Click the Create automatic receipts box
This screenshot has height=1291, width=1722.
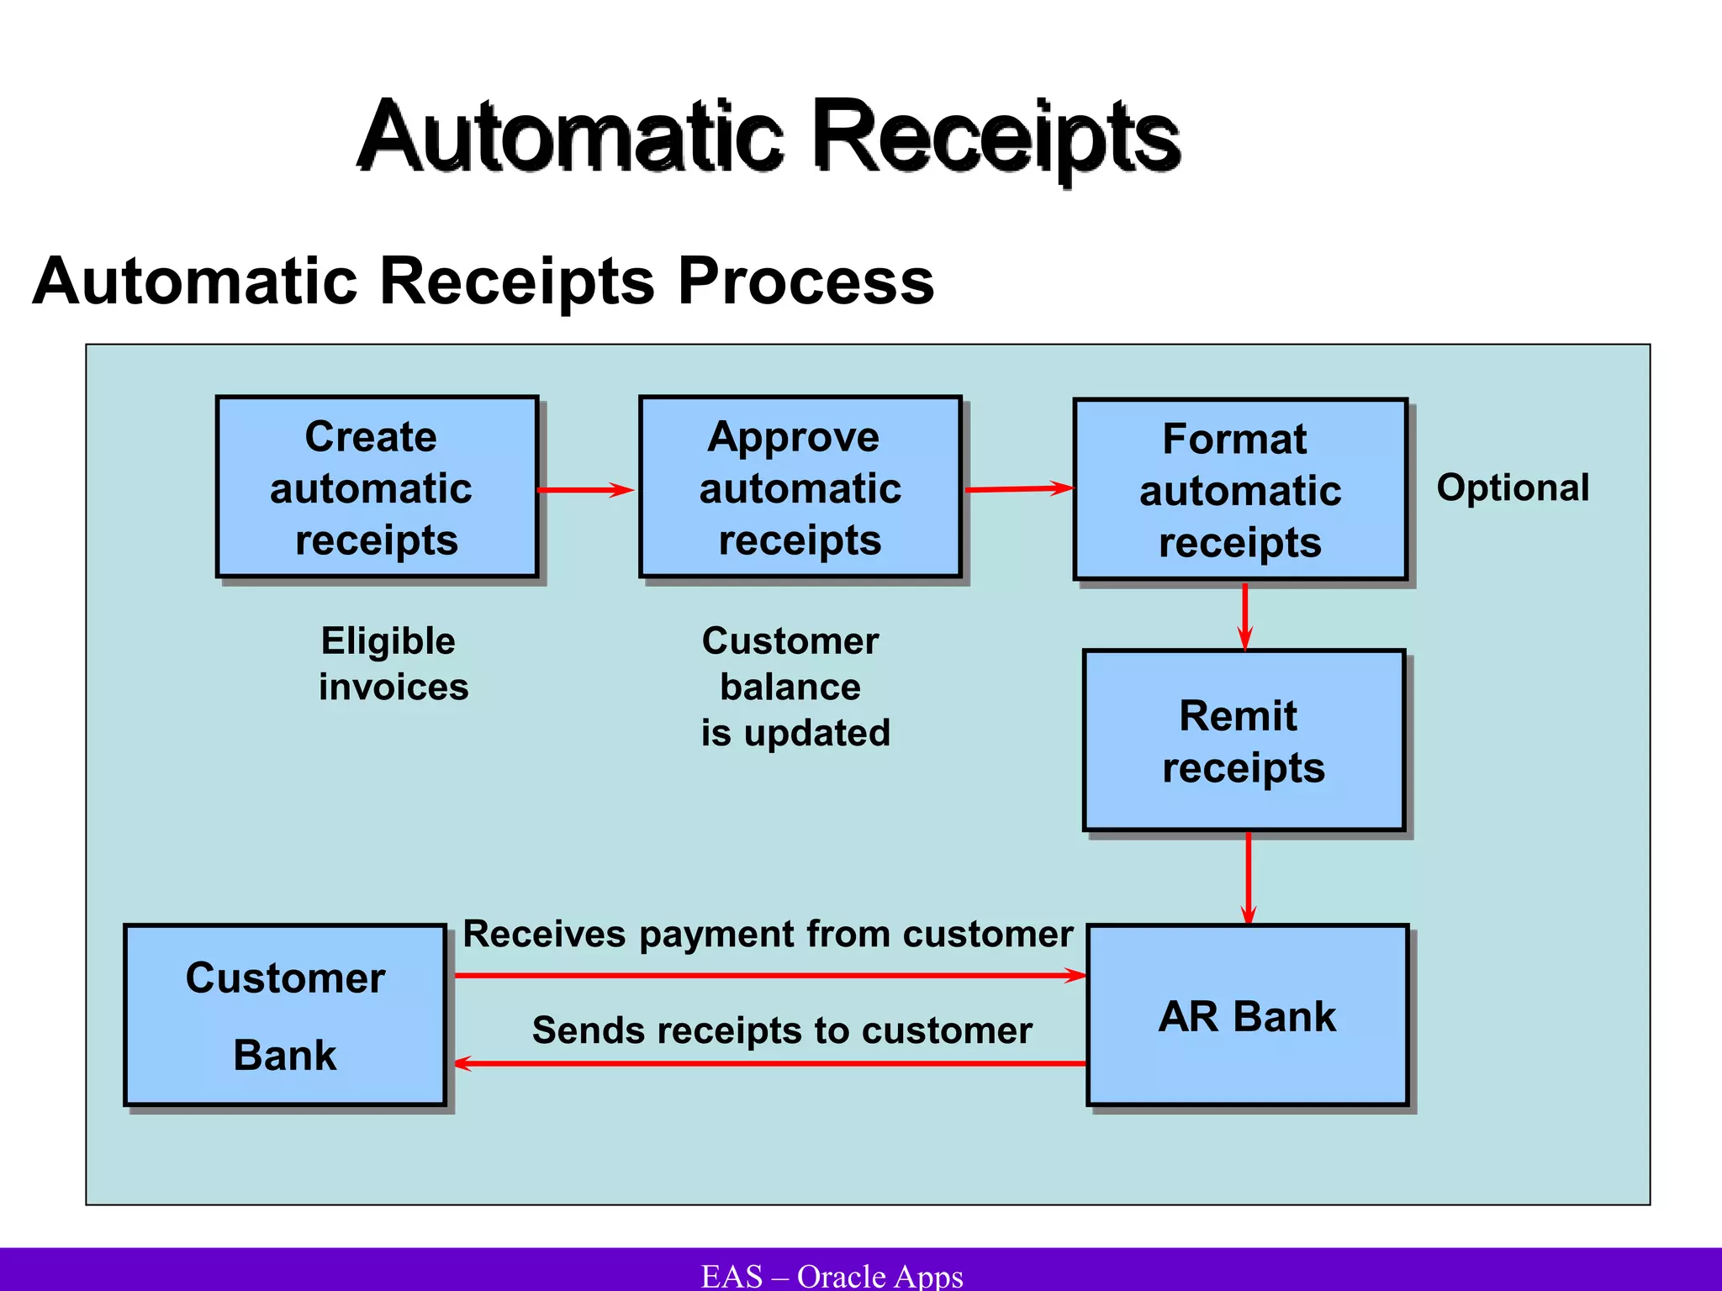click(377, 487)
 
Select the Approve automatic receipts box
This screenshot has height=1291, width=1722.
click(800, 487)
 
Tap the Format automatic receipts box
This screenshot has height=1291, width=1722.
click(1240, 490)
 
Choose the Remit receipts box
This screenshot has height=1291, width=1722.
click(1244, 740)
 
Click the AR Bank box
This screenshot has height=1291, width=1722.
click(1247, 1015)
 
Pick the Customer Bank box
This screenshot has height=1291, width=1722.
click(285, 1015)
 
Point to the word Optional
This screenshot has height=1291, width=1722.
click(1513, 487)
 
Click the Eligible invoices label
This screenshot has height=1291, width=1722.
click(392, 664)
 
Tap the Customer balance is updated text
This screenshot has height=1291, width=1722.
click(795, 687)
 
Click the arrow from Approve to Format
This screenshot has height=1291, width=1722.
click(1017, 488)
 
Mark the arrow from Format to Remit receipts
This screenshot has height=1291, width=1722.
click(1245, 615)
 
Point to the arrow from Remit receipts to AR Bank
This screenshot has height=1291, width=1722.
click(1249, 877)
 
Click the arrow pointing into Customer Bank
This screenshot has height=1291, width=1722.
click(769, 1064)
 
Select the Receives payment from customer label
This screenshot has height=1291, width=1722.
click(768, 935)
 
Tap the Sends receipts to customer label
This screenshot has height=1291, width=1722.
click(782, 1030)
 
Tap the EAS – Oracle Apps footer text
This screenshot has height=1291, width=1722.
click(832, 1276)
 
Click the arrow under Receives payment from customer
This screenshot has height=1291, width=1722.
click(769, 976)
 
